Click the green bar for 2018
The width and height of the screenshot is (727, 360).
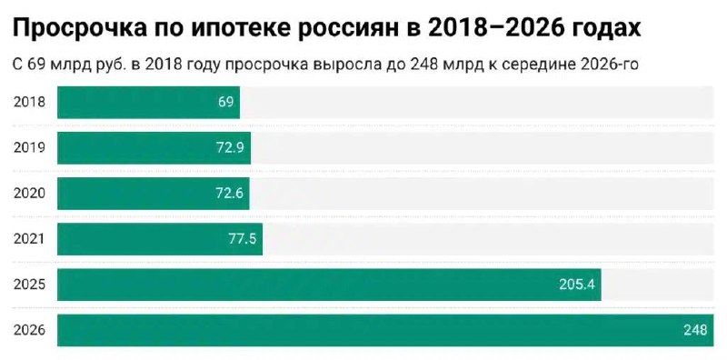(x=148, y=102)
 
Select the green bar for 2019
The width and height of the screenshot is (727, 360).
(x=154, y=147)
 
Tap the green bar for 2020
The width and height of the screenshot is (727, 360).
(x=154, y=193)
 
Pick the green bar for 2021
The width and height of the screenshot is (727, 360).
(x=160, y=239)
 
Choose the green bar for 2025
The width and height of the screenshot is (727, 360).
(x=329, y=285)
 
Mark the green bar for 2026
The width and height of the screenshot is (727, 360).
(x=385, y=330)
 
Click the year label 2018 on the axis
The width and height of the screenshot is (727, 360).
(x=29, y=102)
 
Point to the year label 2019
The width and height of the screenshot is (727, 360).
(x=29, y=147)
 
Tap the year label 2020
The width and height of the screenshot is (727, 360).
(x=29, y=193)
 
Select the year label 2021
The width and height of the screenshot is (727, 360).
(x=29, y=239)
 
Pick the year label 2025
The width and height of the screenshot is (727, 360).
(x=29, y=285)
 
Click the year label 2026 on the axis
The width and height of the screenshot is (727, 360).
(x=29, y=330)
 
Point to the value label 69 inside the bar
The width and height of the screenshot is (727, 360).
(x=225, y=102)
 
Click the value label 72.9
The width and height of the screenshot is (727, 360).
(x=230, y=147)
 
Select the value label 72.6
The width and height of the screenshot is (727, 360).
(x=230, y=193)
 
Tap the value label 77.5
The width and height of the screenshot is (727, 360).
(x=243, y=239)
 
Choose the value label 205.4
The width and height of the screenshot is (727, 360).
(x=577, y=285)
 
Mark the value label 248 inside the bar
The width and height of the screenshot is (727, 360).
(x=695, y=330)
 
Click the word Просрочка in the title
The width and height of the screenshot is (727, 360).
(x=79, y=30)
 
